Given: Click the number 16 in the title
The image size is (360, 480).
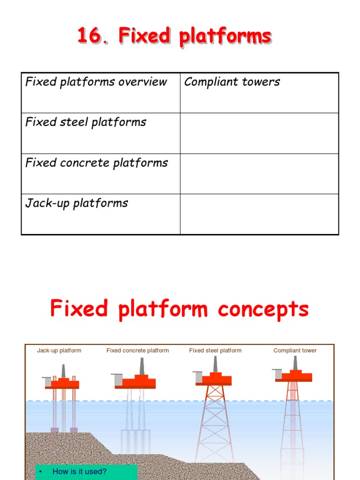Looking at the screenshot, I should click(x=89, y=36).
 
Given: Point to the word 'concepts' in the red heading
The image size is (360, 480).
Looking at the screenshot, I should click(x=262, y=309).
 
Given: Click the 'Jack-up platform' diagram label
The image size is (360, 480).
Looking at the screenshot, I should click(x=59, y=351).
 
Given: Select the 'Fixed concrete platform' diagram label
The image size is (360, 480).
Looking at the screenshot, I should click(x=137, y=351).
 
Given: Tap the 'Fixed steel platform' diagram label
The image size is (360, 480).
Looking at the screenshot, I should click(x=215, y=351).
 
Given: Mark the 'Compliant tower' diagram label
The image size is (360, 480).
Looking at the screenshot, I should click(x=295, y=351).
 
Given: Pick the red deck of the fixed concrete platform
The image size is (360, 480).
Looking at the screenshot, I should click(x=139, y=382).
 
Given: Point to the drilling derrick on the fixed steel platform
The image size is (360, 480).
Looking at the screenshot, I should click(x=216, y=364).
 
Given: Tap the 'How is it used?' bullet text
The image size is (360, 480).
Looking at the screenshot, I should click(x=79, y=472).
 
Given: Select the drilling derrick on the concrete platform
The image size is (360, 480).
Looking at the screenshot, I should click(x=142, y=366).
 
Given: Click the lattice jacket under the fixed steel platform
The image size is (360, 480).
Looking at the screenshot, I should click(x=215, y=422).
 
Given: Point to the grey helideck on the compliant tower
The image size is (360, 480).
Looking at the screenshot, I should click(x=277, y=373).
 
